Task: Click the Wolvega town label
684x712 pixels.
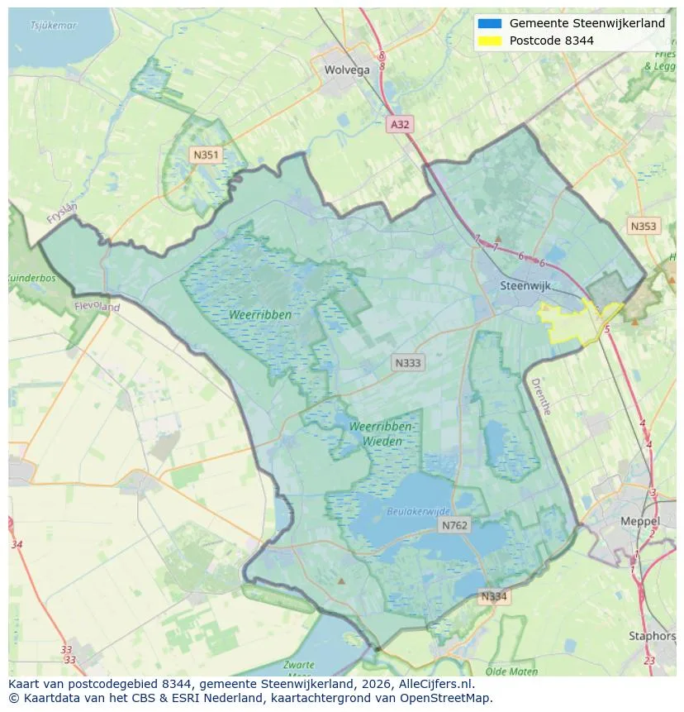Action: (347, 70)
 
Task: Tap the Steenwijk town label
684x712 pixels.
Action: (525, 286)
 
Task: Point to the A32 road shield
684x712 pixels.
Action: (400, 125)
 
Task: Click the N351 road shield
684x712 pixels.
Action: (205, 155)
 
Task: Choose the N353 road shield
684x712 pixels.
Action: (643, 227)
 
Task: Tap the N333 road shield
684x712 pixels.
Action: (408, 363)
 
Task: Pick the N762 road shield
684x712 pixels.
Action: (454, 526)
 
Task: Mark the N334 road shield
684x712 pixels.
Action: (493, 596)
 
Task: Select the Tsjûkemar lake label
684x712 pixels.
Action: (53, 26)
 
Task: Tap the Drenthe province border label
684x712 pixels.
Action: (540, 395)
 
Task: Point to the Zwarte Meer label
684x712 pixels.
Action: (297, 668)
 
